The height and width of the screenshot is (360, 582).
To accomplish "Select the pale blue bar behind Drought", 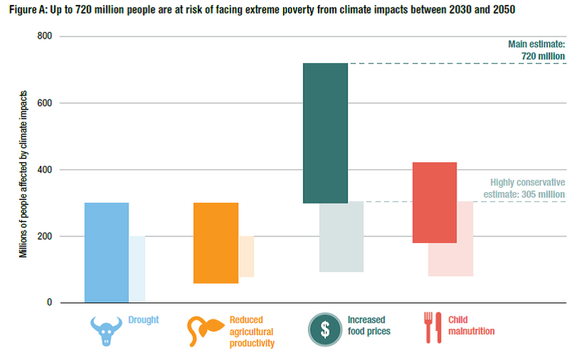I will [137, 269].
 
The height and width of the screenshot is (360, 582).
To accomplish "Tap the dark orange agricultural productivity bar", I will [215, 243].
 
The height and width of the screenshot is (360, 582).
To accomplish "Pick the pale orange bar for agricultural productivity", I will [247, 257].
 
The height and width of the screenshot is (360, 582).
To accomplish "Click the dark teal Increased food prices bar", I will [325, 133].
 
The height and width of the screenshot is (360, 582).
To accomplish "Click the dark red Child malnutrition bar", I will [434, 202].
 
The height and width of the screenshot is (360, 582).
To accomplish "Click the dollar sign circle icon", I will [325, 329].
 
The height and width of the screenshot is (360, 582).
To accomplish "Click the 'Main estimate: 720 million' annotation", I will [536, 49].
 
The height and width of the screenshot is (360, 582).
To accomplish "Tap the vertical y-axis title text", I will [23, 175].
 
